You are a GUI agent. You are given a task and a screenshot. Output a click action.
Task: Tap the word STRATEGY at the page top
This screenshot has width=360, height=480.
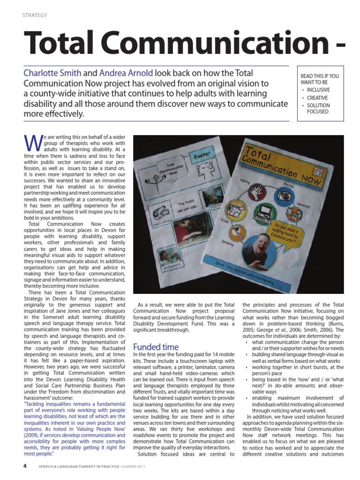point(35,15)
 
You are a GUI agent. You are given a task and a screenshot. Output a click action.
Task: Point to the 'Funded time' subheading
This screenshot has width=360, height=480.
point(156,347)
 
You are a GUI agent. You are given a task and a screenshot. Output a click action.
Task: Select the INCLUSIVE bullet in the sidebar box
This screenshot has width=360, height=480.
point(318,90)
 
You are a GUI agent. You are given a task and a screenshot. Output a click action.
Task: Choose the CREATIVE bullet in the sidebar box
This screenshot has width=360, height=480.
point(317,97)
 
